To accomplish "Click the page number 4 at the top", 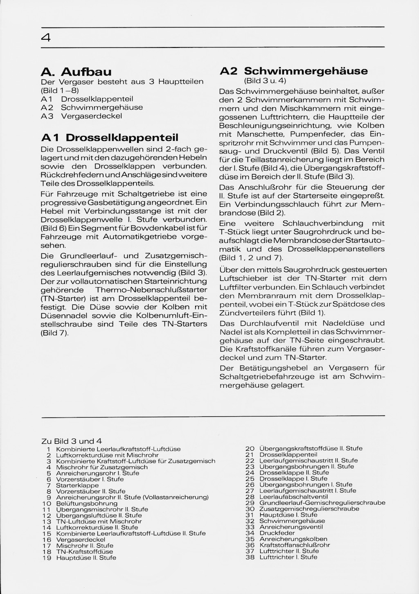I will point(46,38).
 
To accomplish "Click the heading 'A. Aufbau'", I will point(76,72).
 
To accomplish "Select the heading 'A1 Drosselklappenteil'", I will point(110,137).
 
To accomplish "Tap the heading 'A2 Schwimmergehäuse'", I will point(293,71).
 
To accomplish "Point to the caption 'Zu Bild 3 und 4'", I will point(72,441).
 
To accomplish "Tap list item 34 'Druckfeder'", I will point(277,533).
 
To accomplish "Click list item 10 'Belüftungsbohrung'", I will point(87,503).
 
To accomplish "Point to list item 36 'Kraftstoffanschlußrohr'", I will point(295,545).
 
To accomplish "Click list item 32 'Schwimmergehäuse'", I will point(292,521).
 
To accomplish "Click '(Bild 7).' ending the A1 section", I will point(55,333).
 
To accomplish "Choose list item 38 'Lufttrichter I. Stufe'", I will point(288,557).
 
